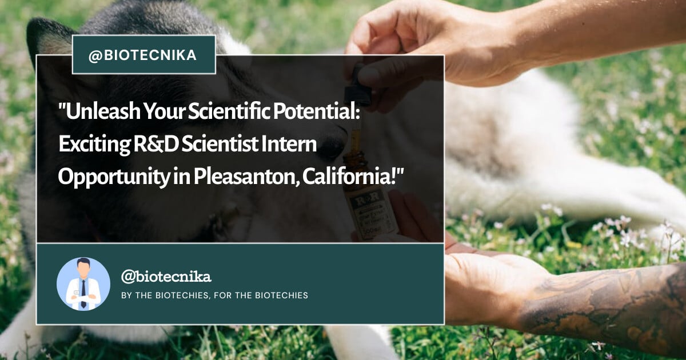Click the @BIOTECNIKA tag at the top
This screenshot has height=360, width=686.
(144, 55)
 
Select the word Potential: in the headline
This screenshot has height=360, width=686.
(316, 111)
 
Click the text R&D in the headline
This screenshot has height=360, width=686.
(156, 144)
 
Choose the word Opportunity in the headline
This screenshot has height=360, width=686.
(114, 178)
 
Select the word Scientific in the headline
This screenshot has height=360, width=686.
(229, 111)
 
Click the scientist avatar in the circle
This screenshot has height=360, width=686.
(83, 284)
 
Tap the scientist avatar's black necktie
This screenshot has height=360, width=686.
(83, 294)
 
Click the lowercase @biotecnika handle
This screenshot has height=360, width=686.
(166, 277)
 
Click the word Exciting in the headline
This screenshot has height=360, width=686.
(94, 145)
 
